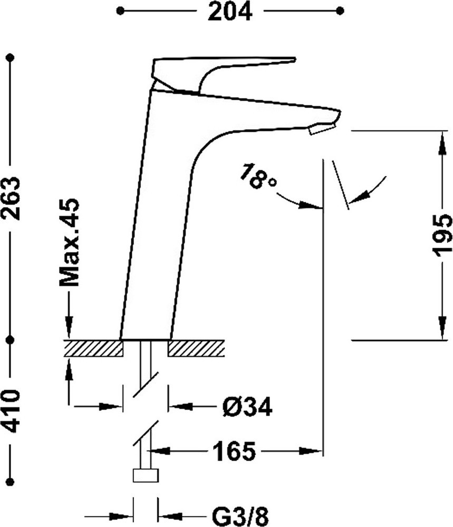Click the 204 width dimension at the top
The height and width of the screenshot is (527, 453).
(230, 11)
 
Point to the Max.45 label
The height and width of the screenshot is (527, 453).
(69, 242)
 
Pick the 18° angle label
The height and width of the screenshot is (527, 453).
(258, 175)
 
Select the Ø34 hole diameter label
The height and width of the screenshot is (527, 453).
(247, 406)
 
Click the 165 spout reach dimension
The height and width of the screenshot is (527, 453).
(234, 451)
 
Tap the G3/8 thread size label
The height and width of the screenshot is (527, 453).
(240, 516)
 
